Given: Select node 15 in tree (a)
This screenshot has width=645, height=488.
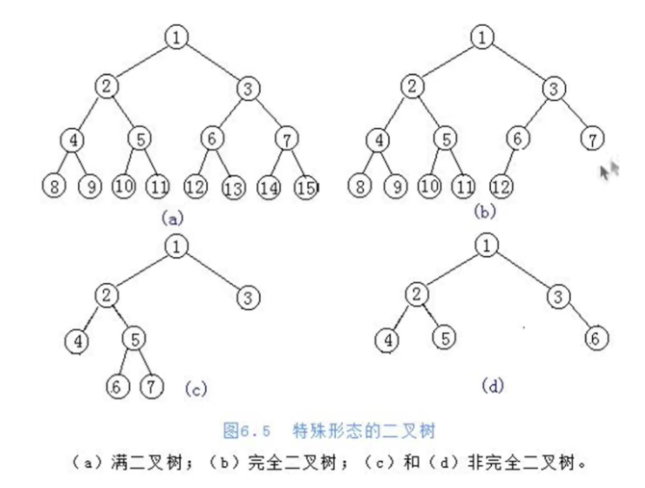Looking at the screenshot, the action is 307,185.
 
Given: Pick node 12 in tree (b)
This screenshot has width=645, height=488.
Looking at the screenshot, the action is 501,184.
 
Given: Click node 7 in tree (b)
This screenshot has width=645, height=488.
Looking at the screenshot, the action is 590,139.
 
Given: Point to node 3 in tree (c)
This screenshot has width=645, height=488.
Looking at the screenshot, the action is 249,294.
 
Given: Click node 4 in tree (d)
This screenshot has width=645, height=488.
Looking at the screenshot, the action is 386,339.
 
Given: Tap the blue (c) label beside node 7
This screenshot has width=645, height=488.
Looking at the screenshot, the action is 193,389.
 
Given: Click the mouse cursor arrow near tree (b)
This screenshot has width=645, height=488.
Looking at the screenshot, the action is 607,171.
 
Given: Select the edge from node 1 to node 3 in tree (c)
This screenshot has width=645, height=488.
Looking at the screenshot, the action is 214,270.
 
